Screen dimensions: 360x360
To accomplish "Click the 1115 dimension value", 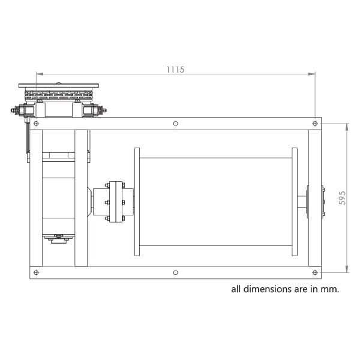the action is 175,70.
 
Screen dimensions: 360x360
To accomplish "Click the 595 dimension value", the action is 342,198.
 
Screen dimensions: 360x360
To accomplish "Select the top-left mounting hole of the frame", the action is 36,124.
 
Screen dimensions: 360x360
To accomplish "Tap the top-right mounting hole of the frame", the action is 315,124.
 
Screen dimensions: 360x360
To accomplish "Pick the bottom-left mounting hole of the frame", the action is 36,272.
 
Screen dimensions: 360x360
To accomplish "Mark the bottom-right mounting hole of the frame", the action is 315,272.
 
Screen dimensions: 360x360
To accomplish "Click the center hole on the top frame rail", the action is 176,124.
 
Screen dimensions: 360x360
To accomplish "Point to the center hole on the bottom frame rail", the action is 176,272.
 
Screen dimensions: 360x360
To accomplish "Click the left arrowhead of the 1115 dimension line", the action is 40,74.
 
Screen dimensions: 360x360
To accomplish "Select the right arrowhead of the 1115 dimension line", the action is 311,74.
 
